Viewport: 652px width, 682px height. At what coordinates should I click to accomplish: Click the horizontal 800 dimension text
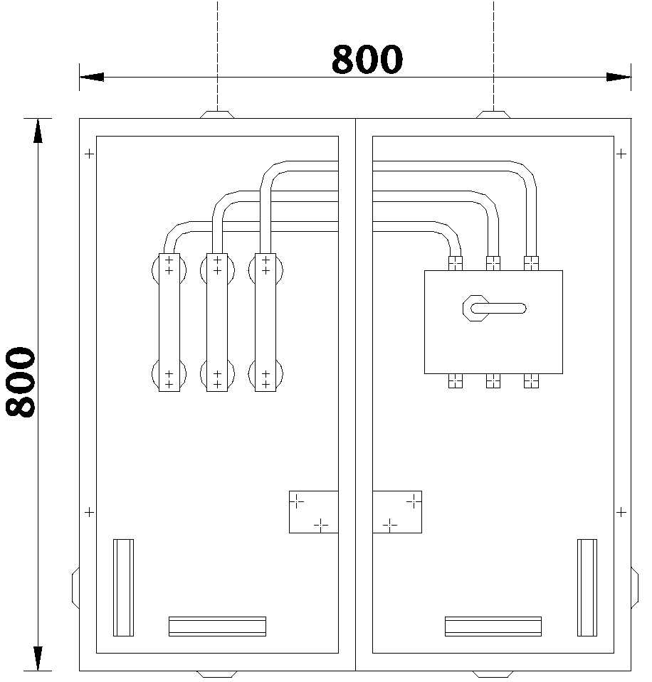(367, 60)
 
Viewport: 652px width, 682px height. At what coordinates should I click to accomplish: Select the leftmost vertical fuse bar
(169, 322)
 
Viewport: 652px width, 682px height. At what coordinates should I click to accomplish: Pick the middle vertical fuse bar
(216, 322)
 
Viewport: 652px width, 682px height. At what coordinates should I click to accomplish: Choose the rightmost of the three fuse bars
(265, 322)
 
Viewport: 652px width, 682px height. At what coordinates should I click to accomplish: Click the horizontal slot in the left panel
(217, 626)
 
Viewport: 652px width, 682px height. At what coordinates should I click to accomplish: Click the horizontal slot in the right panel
(493, 626)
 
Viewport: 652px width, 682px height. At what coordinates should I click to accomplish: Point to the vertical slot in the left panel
(123, 587)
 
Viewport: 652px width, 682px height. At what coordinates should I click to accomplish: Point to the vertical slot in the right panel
(587, 587)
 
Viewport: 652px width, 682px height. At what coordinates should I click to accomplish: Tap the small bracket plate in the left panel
(313, 511)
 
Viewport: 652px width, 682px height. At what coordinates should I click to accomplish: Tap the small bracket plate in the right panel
(397, 511)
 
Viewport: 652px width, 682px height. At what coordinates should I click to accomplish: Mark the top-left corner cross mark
(88, 153)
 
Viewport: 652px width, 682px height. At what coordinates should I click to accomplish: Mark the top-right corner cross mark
(621, 153)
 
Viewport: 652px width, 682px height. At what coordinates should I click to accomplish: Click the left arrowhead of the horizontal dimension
(92, 77)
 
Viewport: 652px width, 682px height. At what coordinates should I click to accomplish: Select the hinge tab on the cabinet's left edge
(75, 587)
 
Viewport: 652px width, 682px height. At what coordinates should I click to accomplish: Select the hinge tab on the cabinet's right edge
(635, 587)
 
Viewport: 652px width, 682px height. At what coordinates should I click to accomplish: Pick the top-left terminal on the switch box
(456, 262)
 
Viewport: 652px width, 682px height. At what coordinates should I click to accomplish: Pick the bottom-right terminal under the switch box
(531, 381)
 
